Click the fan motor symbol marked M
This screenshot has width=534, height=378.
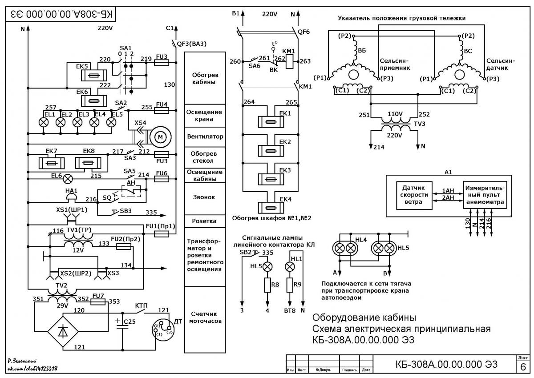click(161, 137)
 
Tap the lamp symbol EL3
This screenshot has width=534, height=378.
click(77, 122)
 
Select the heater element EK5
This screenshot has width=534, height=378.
click(94, 76)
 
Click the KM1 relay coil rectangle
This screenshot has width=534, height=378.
click(289, 62)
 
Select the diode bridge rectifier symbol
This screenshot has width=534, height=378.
click(63, 331)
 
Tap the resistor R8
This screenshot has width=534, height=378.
click(267, 285)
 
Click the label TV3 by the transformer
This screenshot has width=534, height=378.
click(420, 124)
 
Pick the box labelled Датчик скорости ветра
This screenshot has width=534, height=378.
click(414, 196)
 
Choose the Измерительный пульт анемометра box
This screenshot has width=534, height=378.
click(485, 195)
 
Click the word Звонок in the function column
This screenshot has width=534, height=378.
click(204, 197)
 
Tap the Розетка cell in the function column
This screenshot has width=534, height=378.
click(205, 221)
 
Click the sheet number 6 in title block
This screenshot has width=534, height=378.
click(523, 367)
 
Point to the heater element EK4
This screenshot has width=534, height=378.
click(271, 208)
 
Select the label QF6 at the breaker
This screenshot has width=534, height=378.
click(303, 32)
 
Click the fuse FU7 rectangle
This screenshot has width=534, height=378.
click(98, 302)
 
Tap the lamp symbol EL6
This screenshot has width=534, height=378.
click(68, 179)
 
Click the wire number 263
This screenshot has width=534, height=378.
click(305, 61)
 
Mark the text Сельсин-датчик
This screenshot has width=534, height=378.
click(501, 64)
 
